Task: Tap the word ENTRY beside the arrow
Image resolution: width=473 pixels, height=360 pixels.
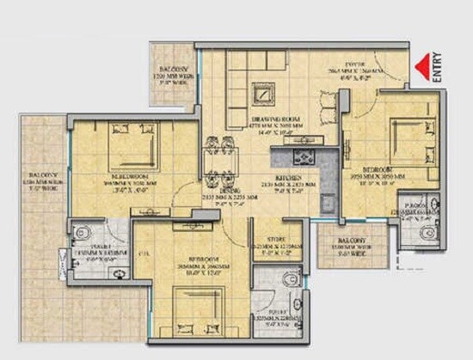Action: pyautogui.click(x=437, y=67)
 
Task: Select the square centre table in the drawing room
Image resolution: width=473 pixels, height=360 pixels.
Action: pyautogui.click(x=261, y=90)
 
